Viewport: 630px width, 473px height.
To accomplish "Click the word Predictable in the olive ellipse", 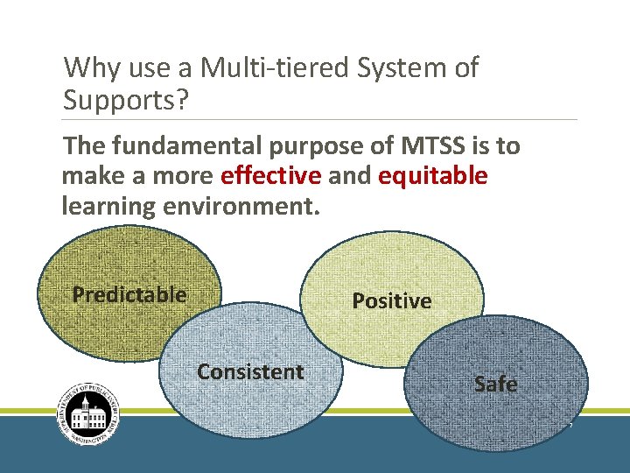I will [x=129, y=294].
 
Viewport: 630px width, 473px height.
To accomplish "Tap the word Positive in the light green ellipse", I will [x=391, y=301].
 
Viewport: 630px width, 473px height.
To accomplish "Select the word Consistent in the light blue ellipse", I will [x=250, y=372].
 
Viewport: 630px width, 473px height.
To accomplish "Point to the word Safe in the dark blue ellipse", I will [x=495, y=384].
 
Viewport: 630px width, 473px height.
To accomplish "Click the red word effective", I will [x=271, y=176].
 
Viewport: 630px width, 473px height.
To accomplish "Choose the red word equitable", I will [x=432, y=176].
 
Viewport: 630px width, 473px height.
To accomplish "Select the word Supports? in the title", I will [x=126, y=100].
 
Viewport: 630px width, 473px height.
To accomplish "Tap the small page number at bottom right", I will [x=570, y=426].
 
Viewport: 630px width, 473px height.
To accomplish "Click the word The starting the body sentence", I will [x=84, y=145].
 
